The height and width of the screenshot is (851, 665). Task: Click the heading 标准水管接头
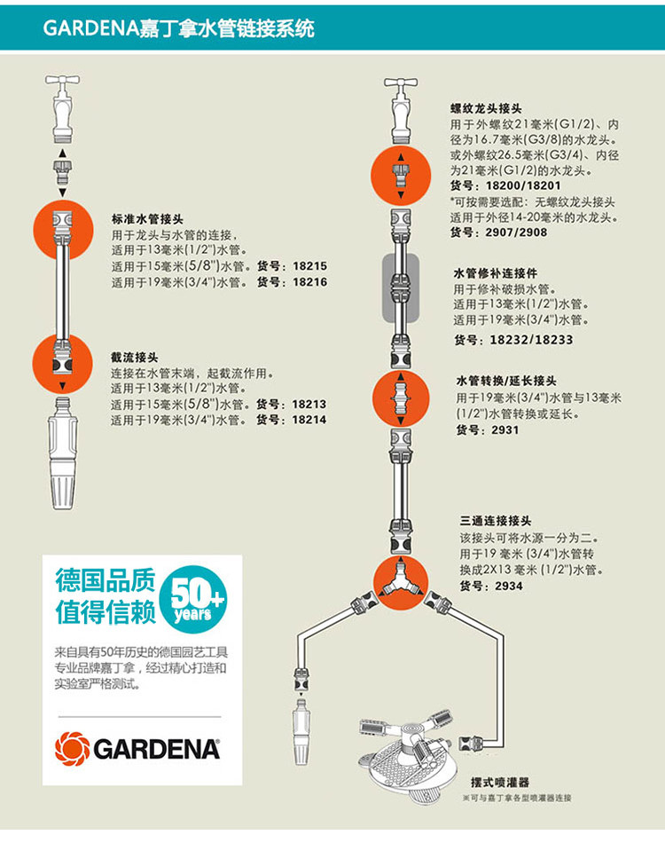147,218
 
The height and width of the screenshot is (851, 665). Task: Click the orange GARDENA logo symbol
72,748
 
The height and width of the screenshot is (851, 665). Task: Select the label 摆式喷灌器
500,783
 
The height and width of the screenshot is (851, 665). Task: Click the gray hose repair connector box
399,288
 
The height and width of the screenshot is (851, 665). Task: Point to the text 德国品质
105,581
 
